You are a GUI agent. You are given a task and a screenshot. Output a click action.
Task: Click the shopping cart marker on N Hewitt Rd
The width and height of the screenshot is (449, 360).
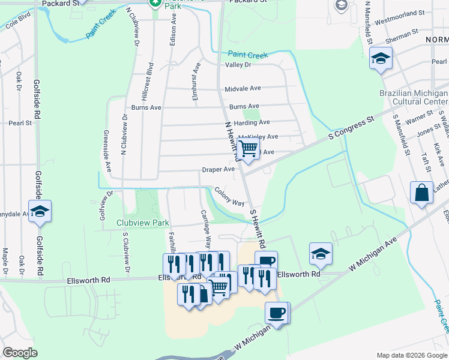[248, 148]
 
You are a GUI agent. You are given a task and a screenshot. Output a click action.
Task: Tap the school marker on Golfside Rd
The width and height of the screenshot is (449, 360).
[40, 211]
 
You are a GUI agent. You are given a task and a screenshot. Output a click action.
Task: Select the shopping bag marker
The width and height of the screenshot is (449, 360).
[421, 193]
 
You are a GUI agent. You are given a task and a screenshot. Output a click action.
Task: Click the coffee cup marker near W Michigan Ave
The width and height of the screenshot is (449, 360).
[277, 313]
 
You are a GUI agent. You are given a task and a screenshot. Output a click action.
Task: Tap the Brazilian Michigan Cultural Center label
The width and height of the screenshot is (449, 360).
[414, 97]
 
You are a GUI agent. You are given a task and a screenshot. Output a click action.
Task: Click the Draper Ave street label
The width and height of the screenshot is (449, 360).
[218, 170]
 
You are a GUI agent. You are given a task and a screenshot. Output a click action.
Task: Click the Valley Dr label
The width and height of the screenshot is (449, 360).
[238, 65]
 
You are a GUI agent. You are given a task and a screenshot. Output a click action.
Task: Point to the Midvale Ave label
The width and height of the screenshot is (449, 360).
[243, 88]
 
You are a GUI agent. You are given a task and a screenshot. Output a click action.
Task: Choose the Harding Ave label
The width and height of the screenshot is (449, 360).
[252, 122]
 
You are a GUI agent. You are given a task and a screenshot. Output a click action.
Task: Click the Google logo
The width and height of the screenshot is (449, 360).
[20, 353]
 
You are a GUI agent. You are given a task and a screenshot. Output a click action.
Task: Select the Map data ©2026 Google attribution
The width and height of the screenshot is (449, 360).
[412, 355]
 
